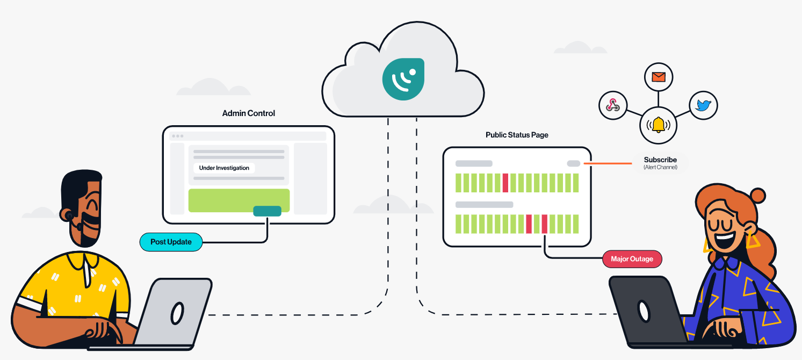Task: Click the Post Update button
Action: point(171,242)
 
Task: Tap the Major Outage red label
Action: point(632,259)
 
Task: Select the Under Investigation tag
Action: point(224,168)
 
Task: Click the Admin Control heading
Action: point(249,113)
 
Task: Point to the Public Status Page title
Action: point(517,135)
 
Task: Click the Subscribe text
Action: point(660,160)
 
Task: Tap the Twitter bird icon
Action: point(703,105)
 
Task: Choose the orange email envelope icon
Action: point(658,77)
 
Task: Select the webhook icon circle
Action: point(613,105)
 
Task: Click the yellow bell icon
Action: point(658,125)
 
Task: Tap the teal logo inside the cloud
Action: point(403,79)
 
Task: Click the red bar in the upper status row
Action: point(505,183)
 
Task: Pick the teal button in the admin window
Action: point(267,211)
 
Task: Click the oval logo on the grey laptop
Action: point(177,313)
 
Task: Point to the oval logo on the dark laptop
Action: point(643,311)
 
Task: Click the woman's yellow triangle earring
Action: point(752,241)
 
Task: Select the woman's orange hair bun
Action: point(758,195)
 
